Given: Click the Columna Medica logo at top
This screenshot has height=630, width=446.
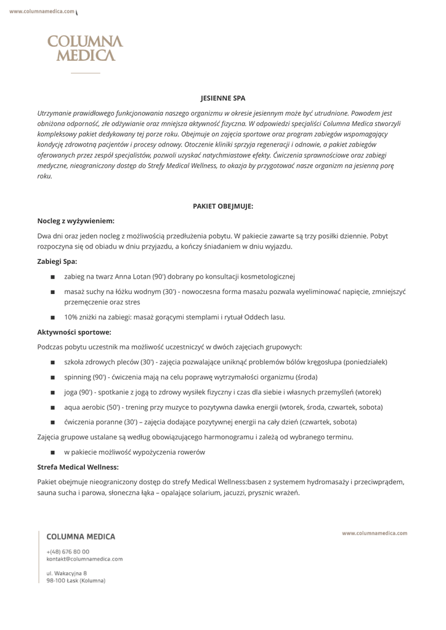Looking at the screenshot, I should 86,49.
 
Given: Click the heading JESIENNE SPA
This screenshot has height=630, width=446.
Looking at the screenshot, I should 223,98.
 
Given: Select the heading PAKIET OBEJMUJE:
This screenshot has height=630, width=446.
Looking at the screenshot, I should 223,207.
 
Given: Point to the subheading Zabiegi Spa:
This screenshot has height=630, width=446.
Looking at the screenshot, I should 57,261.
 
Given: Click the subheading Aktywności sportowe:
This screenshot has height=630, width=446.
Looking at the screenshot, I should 74,332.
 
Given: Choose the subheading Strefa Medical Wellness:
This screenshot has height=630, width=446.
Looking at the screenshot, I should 78,467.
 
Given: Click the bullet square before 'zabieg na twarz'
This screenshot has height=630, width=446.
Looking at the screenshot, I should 53,277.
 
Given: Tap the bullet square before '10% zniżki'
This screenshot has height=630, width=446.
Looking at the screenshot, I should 53,317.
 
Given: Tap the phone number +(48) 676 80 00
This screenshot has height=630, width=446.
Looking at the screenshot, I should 68,551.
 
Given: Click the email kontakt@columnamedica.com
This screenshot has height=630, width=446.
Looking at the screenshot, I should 84,559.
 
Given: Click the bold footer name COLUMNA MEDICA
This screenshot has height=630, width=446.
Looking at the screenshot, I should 81,537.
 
